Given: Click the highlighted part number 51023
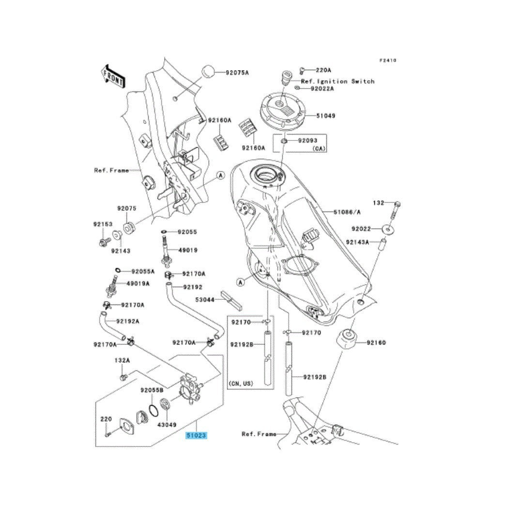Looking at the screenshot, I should click(197, 436).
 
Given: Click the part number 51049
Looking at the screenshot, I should click(339, 116).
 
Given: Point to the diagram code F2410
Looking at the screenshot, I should click(388, 61).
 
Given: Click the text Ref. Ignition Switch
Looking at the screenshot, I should click(337, 81).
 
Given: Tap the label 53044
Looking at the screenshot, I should click(205, 300).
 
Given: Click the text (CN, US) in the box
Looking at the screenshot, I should click(241, 383).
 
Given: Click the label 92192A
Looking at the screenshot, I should click(127, 321).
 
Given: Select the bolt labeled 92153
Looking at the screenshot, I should click(104, 241).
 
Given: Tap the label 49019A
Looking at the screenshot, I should click(138, 284).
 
